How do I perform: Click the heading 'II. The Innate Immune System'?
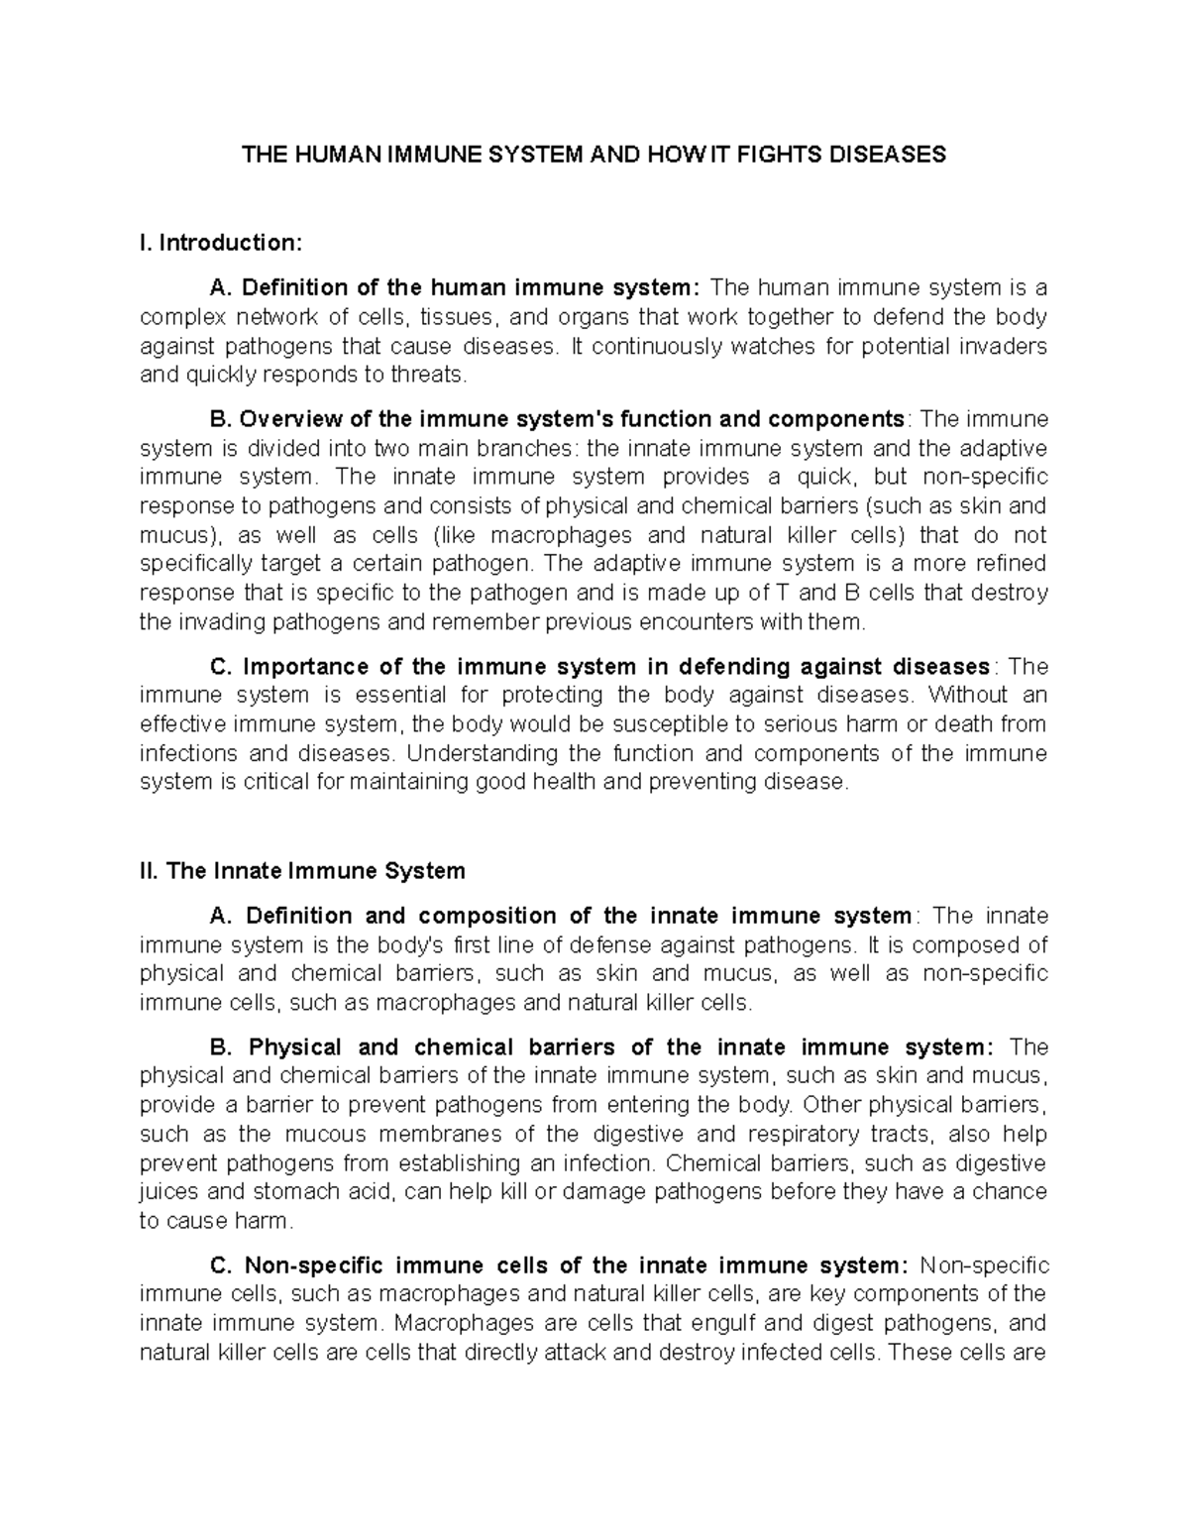click(302, 871)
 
